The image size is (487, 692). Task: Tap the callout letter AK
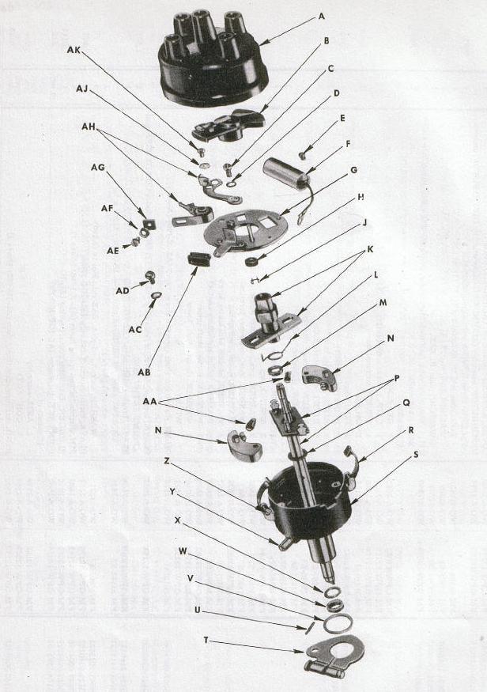74,50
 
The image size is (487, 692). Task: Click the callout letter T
206,640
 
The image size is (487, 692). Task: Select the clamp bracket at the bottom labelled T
334,655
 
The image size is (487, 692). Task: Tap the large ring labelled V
338,624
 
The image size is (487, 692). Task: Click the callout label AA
149,402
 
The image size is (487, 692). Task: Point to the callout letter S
416,454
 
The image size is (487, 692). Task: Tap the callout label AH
89,127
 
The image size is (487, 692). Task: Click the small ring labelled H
252,261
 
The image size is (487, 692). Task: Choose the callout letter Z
166,461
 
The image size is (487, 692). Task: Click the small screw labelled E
303,155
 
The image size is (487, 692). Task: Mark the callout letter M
383,303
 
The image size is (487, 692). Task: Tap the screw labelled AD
150,276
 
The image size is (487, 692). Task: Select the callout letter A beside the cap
321,17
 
